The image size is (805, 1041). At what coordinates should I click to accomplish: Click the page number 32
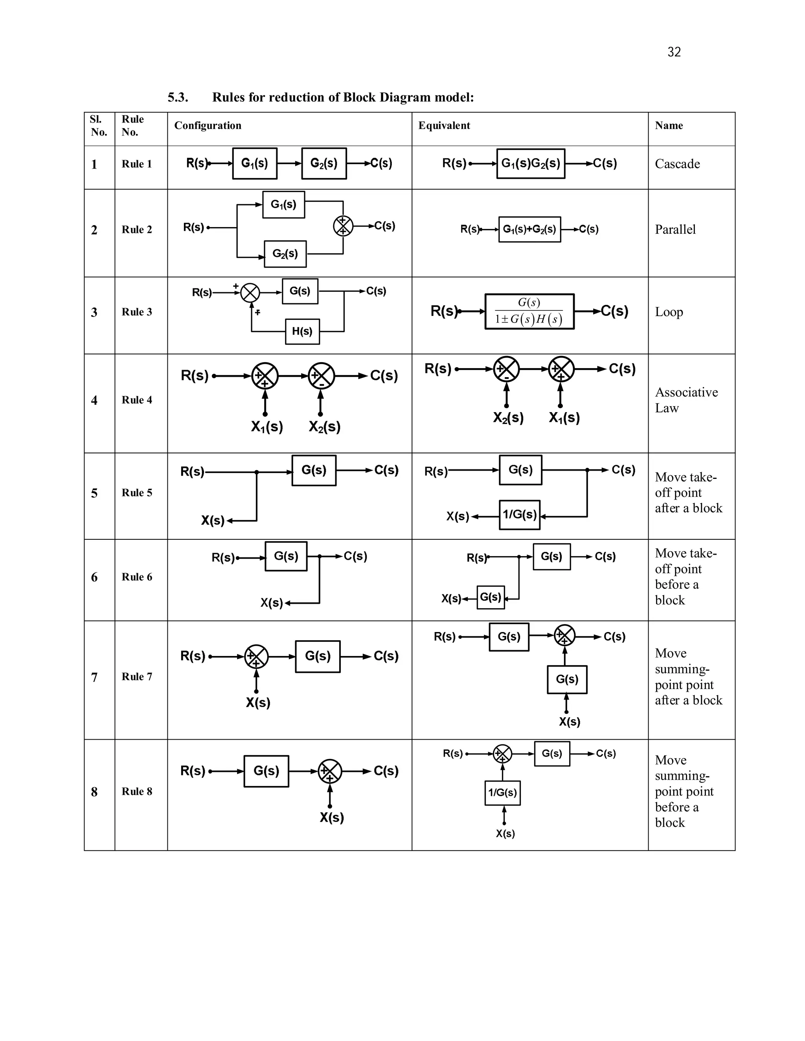(x=674, y=52)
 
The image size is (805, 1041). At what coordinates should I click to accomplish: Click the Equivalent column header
(x=444, y=125)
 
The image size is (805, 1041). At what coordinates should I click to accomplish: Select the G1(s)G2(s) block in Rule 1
(x=530, y=163)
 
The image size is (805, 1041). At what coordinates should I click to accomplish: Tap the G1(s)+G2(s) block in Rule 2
(x=529, y=229)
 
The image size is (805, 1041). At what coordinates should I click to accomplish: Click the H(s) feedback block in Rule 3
(x=302, y=331)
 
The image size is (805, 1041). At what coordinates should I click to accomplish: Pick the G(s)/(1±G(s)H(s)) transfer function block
(x=529, y=311)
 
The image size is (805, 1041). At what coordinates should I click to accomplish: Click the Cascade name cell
(x=677, y=164)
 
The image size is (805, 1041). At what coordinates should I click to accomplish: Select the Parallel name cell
(x=675, y=230)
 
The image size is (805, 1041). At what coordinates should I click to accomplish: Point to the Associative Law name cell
(x=686, y=400)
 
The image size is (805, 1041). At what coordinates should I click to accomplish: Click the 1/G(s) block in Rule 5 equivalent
(x=519, y=514)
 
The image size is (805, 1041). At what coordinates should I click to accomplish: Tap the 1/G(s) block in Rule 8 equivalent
(x=502, y=793)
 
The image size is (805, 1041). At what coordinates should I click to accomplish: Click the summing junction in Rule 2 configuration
(x=343, y=226)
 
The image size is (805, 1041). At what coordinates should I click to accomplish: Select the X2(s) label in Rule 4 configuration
(x=324, y=426)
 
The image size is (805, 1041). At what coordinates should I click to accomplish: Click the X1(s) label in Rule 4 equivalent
(x=564, y=418)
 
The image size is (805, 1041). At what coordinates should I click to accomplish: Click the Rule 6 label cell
(x=137, y=577)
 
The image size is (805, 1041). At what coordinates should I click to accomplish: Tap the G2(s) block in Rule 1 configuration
(x=324, y=163)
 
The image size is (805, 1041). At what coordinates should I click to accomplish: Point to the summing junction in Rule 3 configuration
(x=250, y=293)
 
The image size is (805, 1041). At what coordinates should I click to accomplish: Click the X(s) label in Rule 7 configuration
(x=258, y=703)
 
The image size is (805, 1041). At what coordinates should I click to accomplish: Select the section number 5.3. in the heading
(x=178, y=97)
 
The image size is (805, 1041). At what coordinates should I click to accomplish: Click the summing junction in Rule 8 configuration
(x=329, y=771)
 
